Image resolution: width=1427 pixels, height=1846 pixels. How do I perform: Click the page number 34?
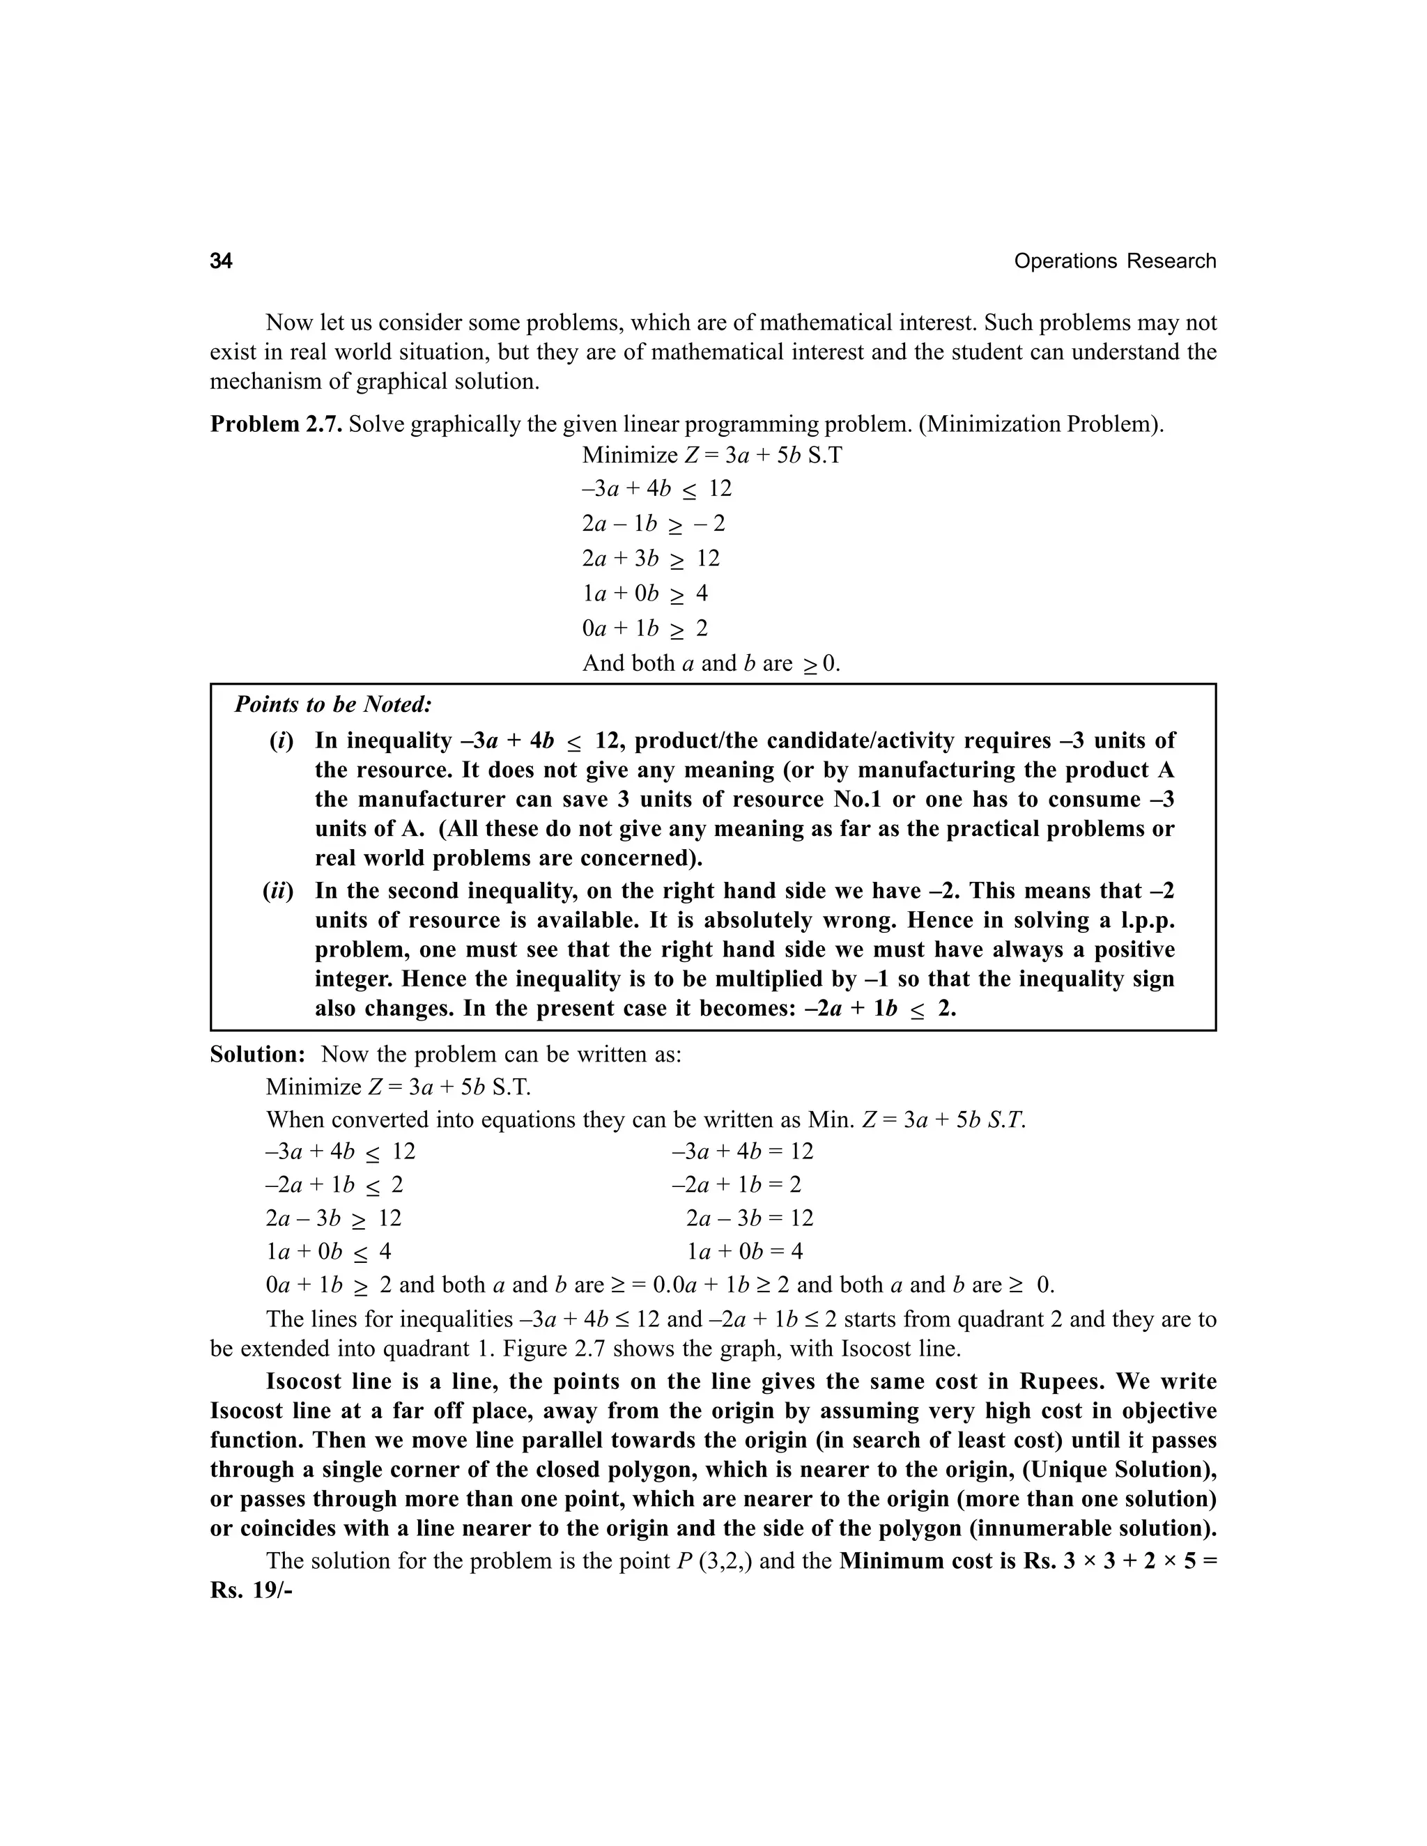(x=221, y=261)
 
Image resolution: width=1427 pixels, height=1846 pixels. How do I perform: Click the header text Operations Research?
(x=1114, y=261)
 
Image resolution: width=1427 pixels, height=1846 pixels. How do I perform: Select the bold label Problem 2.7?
(x=276, y=424)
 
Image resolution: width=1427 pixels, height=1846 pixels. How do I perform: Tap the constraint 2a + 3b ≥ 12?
(x=650, y=559)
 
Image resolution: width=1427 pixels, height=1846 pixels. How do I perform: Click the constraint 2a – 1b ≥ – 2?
(x=653, y=524)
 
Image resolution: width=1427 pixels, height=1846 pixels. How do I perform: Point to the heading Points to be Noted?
(x=333, y=704)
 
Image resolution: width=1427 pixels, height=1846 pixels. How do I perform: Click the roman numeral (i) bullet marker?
(x=281, y=741)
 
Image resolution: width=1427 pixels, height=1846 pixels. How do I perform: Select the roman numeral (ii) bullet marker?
(x=277, y=891)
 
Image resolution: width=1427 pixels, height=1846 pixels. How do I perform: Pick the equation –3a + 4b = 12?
(x=742, y=1151)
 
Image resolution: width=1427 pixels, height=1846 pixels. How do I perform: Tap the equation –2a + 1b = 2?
(x=736, y=1184)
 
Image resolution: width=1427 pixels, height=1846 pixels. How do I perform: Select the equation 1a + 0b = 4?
(x=744, y=1251)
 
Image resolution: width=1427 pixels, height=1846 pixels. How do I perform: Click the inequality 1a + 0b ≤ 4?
(x=328, y=1251)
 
